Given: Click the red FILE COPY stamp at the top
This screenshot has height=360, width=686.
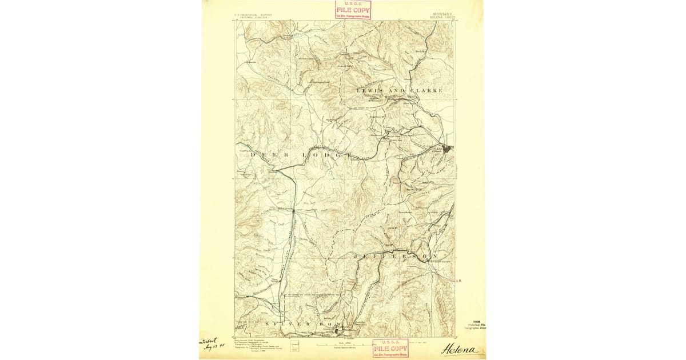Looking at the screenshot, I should coord(353,10).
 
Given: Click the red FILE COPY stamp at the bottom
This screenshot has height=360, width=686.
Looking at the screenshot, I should coord(390,349).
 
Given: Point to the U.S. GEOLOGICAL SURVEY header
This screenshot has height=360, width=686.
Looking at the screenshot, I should coord(253,15).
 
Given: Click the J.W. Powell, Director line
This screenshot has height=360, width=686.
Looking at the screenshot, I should coord(253,18).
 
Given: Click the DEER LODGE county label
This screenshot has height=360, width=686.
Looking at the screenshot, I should coord(301,155).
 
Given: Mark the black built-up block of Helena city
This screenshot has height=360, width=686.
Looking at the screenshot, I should coord(447,149).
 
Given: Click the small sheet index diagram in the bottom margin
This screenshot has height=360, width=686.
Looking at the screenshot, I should coord(294,345).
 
